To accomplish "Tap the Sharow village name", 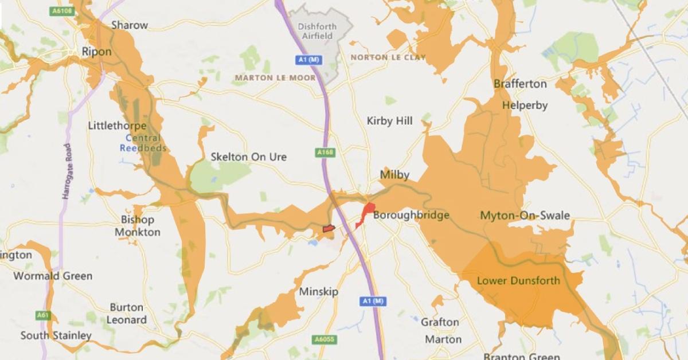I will [129, 25].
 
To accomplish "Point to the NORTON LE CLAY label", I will [388, 57].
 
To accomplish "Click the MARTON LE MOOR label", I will [275, 77].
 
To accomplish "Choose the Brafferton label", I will [520, 84].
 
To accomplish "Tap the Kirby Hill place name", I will [389, 121].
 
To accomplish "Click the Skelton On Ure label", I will [248, 156].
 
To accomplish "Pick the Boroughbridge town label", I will [411, 216].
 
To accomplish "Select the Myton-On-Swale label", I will [525, 216].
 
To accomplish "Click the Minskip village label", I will [319, 292].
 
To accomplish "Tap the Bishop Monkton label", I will [138, 226].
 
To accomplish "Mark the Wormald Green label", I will [53, 276].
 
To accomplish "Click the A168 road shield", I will [325, 152].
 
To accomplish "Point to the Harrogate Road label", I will [67, 171].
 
